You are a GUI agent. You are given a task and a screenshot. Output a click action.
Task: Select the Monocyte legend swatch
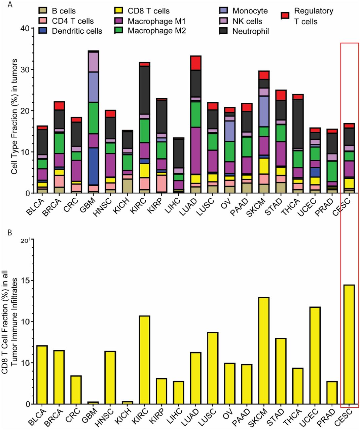coord(224,11)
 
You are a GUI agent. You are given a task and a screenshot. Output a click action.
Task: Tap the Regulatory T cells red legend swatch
coord(285,15)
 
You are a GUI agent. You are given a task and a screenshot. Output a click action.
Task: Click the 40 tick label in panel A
coord(25,28)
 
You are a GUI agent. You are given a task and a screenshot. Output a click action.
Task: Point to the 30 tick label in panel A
coord(25,69)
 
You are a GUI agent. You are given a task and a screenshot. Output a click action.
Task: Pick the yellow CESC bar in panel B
coord(349,344)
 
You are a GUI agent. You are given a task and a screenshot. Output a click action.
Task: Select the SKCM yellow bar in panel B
coord(264,351)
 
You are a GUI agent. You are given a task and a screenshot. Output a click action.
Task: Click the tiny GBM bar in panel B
coord(93,402)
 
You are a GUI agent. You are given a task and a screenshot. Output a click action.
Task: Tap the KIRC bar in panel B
coord(144,360)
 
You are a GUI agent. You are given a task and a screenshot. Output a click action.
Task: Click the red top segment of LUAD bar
coord(195,63)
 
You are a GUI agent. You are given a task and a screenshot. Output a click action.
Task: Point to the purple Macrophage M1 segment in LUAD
coord(195,151)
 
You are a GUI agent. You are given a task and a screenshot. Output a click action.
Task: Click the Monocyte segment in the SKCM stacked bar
coord(264,111)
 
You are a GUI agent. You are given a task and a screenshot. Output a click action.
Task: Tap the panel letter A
coord(10,4)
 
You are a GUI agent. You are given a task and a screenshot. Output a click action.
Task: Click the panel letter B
coord(10,233)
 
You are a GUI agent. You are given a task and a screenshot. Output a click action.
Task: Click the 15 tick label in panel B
coord(27,281)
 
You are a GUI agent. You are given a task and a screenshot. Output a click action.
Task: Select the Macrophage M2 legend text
coord(157,31)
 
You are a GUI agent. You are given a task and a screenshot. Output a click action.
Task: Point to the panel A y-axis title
coord(14,117)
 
